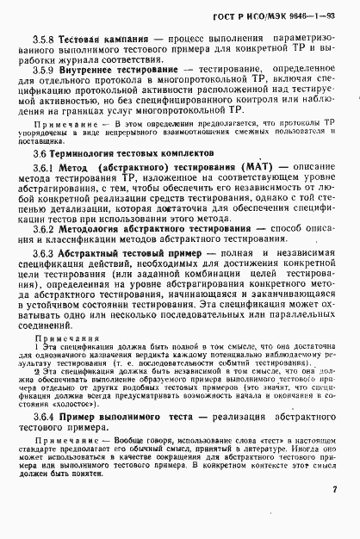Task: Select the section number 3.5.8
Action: point(45,39)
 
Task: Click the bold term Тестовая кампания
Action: point(102,39)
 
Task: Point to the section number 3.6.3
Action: point(43,257)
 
